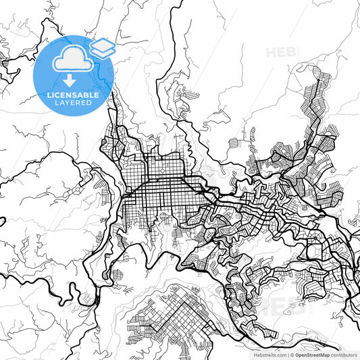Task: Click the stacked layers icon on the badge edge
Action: coord(103,48)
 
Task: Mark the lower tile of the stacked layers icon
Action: coord(103,52)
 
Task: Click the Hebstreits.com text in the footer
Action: coord(269,354)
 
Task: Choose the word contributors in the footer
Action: coord(344,354)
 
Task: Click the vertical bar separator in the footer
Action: coord(288,354)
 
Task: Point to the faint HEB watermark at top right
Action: coord(282,52)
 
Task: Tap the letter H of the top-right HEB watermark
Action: coord(272,52)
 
